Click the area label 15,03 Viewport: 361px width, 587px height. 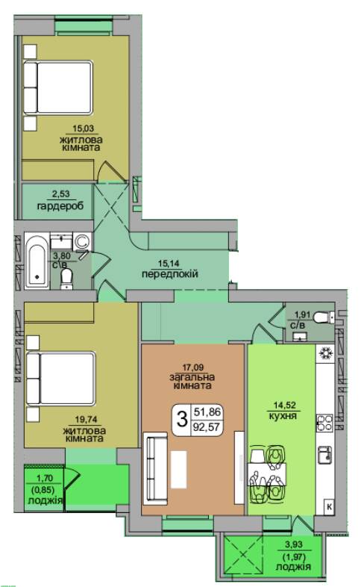tap(83, 129)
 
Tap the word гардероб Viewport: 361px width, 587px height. tap(60, 205)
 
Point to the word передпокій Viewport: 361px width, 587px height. tap(169, 273)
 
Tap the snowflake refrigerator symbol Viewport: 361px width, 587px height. tap(325, 353)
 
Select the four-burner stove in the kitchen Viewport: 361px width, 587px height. tap(324, 423)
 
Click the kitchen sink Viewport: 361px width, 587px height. tap(325, 454)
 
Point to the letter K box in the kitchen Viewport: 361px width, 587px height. tap(329, 507)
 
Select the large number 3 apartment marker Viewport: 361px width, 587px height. tap(182, 418)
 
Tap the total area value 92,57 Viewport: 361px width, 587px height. tap(207, 426)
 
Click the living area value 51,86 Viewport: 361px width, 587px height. tap(207, 412)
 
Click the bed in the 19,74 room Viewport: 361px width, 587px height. tap(60, 378)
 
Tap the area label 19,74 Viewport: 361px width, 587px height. tap(84, 420)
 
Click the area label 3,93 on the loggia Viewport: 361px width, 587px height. tap(293, 544)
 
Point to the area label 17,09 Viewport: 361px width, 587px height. tap(193, 368)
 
